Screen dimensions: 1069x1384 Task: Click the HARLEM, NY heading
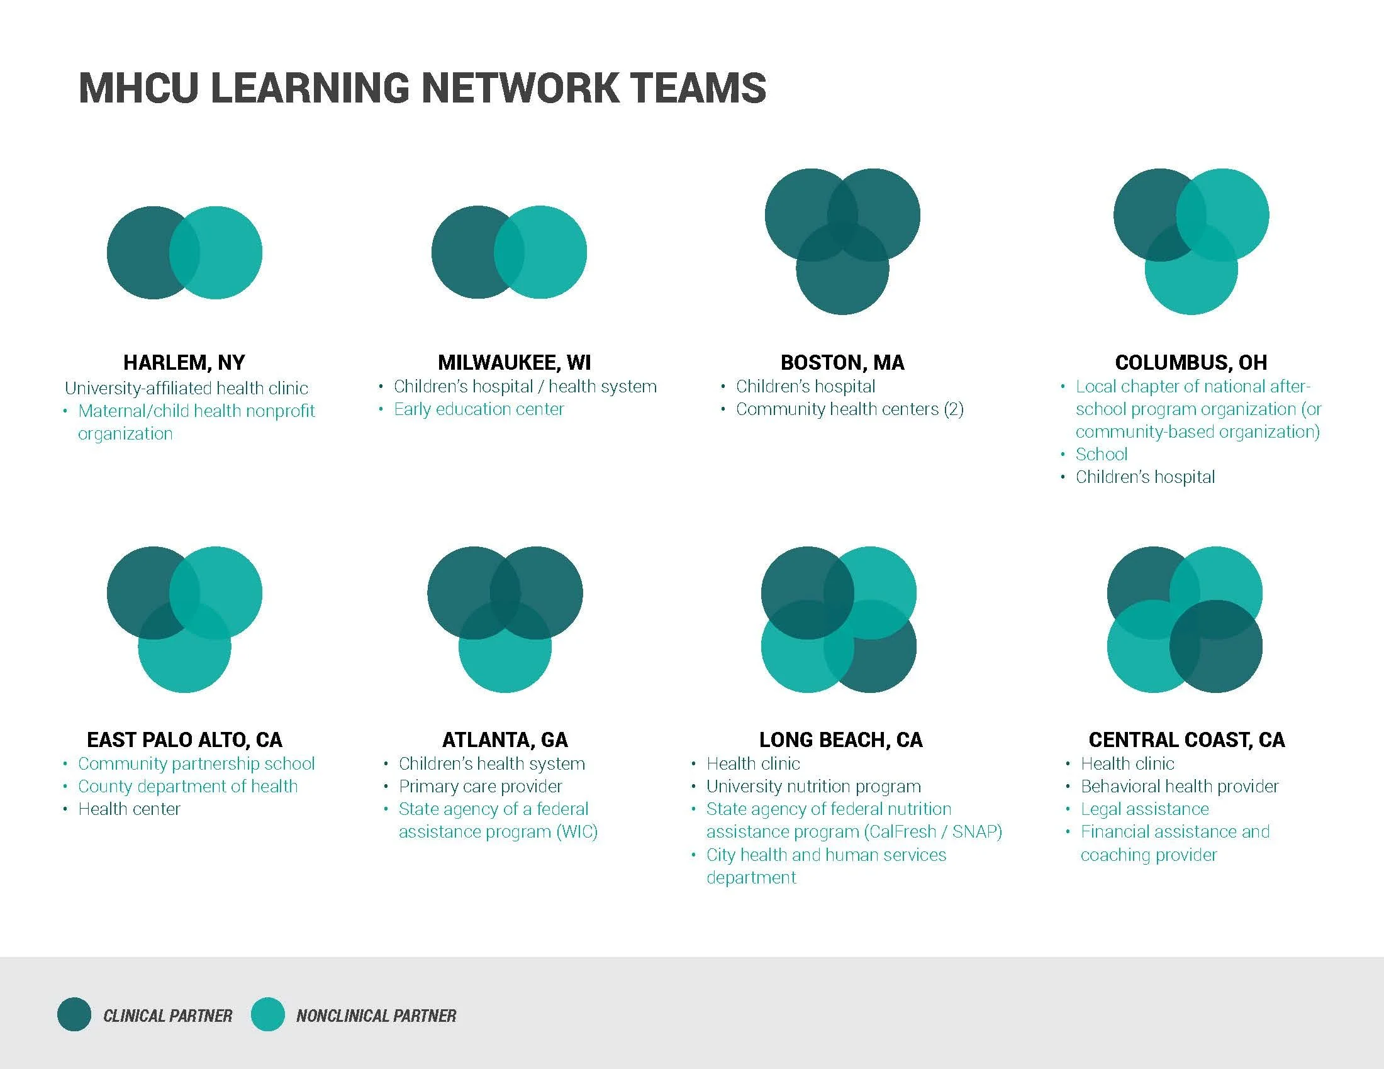184,362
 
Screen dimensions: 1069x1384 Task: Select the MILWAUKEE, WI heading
514,362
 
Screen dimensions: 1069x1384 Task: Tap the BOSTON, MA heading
842,362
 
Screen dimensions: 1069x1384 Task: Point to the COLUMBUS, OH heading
1191,362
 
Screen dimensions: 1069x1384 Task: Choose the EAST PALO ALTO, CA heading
184,739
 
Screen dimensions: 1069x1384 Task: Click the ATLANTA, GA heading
505,739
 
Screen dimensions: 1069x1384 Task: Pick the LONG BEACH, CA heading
840,739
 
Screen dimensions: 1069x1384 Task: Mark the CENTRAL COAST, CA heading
1186,739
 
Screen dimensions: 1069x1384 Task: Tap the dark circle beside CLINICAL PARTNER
74,1014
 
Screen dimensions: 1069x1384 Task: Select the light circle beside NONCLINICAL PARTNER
267,1014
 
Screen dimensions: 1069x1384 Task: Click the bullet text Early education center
479,409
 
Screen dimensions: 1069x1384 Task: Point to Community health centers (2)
849,409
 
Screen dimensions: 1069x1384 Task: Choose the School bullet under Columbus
1102,454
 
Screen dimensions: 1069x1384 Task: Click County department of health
187,786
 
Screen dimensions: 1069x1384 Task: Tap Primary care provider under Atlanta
480,786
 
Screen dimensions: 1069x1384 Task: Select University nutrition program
813,786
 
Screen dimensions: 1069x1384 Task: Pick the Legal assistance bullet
1144,809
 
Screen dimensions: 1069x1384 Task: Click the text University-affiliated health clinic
186,387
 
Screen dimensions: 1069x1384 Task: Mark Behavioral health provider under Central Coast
1180,786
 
